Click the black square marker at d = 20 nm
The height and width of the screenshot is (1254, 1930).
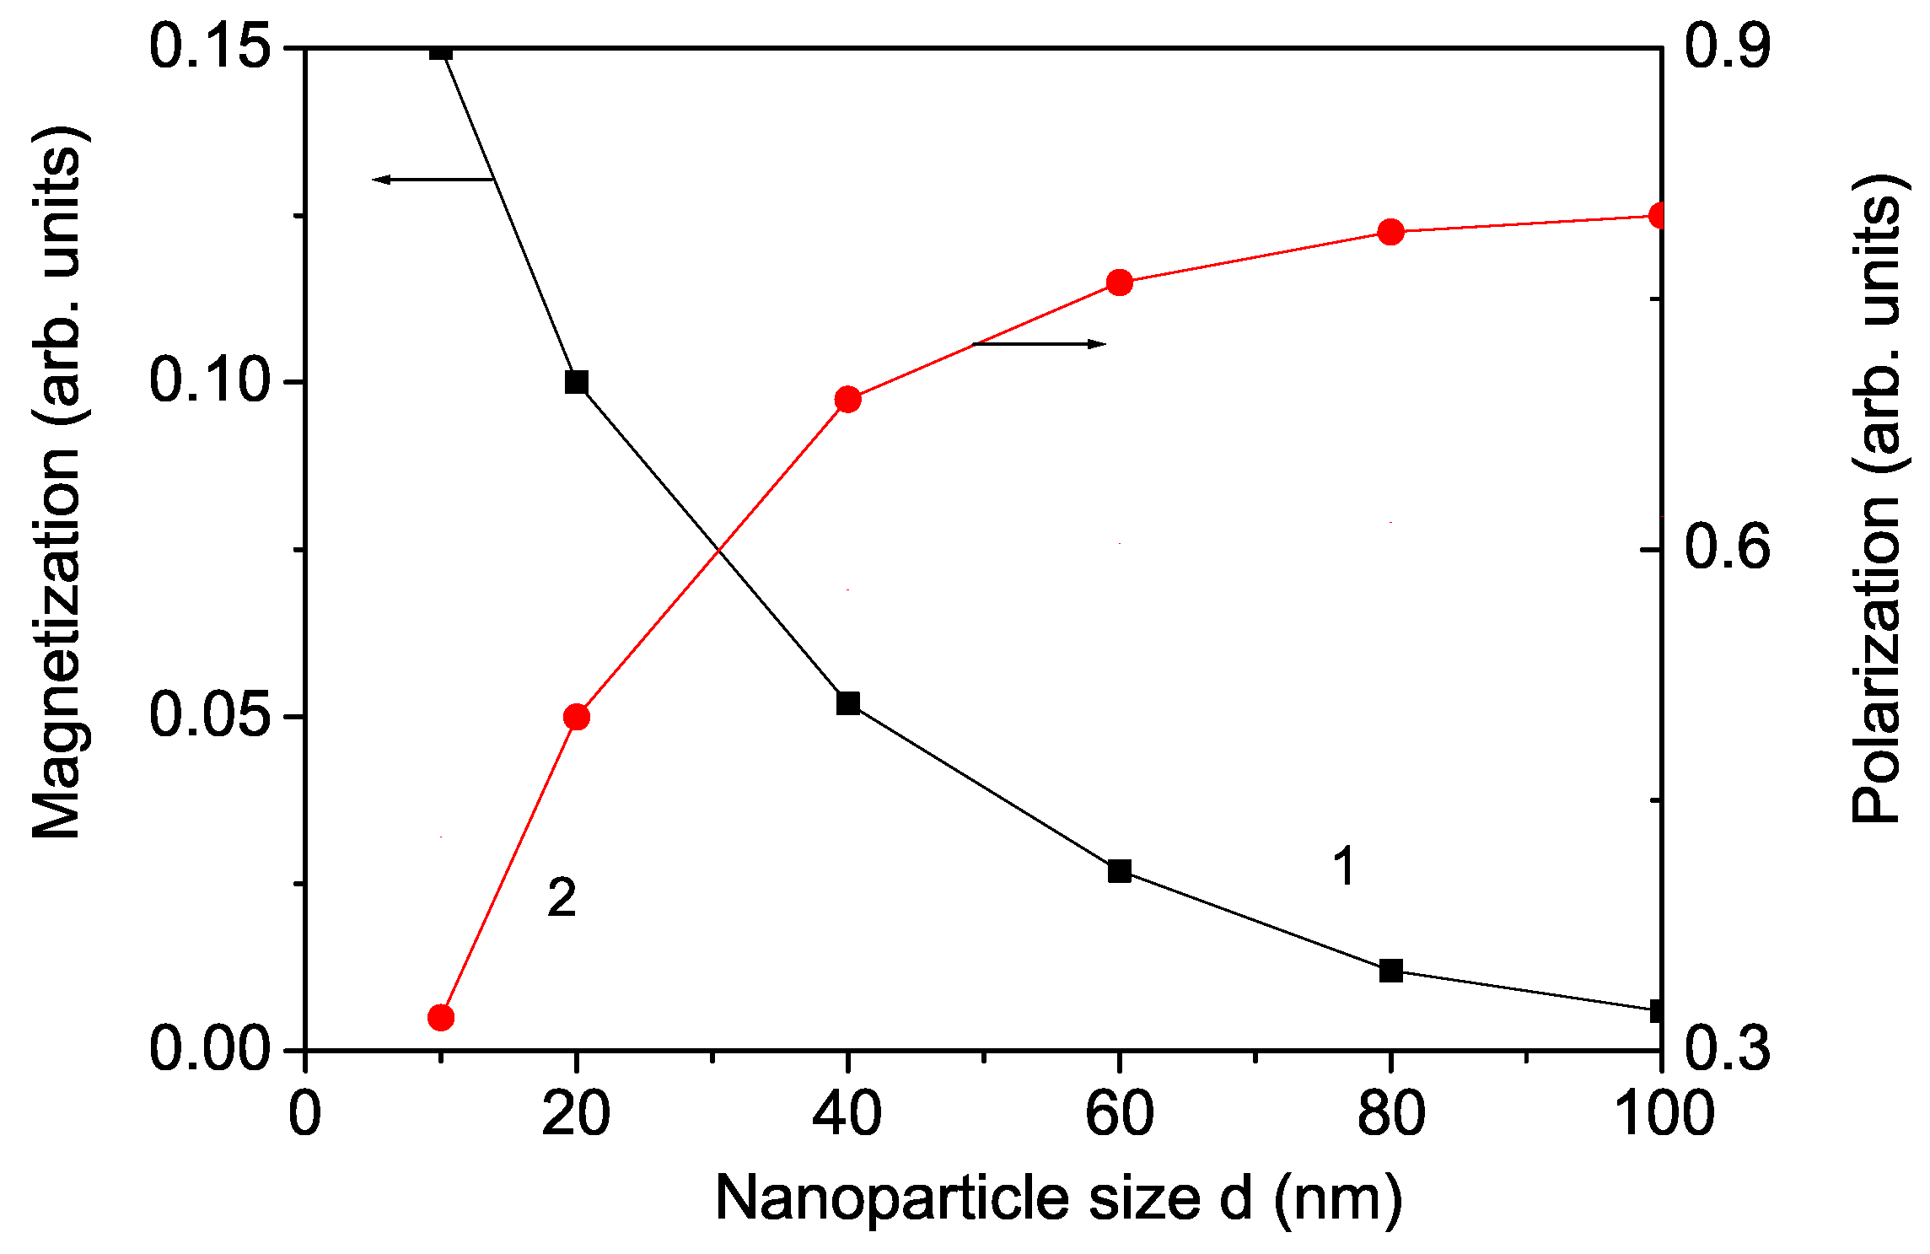(x=577, y=382)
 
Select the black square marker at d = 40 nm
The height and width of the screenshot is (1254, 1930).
(x=848, y=703)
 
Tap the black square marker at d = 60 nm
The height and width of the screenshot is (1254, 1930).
(x=1120, y=871)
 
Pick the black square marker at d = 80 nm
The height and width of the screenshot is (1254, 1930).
(x=1391, y=971)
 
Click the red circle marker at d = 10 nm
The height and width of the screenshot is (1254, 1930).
(x=441, y=1017)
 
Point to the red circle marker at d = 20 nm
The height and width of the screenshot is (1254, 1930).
(x=577, y=718)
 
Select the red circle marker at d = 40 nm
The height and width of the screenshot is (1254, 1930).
(x=848, y=399)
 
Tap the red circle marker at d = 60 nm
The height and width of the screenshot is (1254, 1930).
(x=1120, y=283)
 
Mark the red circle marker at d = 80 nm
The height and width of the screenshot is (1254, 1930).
(x=1391, y=231)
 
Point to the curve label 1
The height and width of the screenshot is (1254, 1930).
(x=1345, y=867)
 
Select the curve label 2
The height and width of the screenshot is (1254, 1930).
(x=562, y=897)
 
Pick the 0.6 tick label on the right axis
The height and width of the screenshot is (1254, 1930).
(x=1727, y=548)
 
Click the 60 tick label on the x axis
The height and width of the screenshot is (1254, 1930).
(x=1119, y=1113)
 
